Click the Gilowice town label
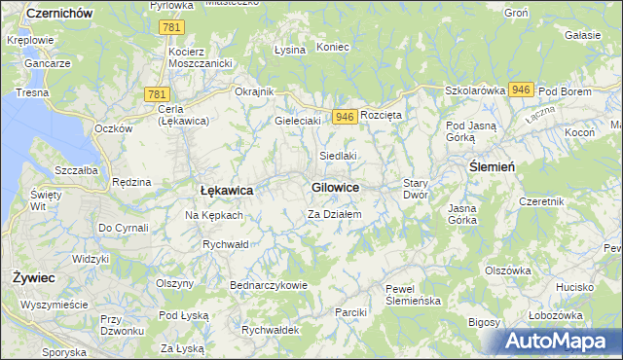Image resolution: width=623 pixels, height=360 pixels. point(335,187)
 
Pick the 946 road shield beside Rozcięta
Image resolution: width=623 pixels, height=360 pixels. point(343,116)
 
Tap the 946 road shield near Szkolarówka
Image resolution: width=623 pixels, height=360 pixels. point(520,90)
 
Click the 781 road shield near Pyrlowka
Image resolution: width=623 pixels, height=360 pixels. point(171,29)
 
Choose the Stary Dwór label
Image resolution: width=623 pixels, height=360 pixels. point(416,189)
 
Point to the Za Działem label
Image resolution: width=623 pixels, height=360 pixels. point(335,214)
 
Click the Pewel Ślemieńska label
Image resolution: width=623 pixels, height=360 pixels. point(414,295)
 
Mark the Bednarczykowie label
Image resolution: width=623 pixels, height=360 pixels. point(269,285)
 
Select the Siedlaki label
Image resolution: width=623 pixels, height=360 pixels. point(339,156)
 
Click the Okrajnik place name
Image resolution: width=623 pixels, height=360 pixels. point(255,91)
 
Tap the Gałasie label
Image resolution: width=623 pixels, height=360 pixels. point(582,35)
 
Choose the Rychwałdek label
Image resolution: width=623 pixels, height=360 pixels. point(271,330)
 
